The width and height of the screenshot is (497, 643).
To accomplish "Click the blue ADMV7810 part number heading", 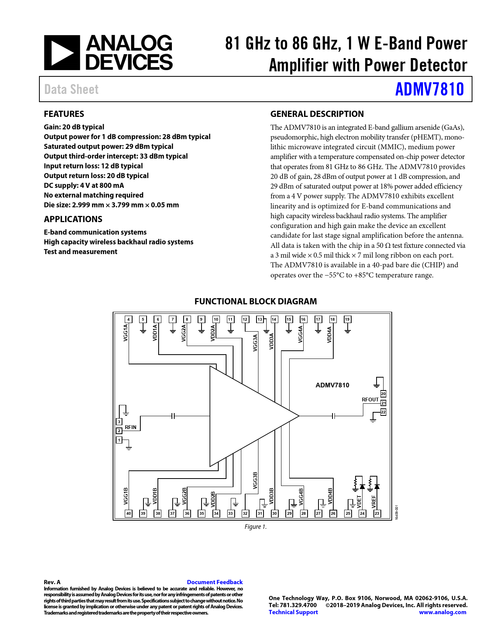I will [x=429, y=89].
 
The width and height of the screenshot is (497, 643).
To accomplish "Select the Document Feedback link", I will [x=215, y=582].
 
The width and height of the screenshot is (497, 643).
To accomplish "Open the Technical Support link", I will [x=293, y=612].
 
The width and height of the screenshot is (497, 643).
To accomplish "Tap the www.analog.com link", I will [x=442, y=612].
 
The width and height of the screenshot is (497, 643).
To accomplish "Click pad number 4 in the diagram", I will [x=129, y=319].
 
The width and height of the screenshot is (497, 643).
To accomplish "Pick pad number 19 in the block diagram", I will [x=347, y=319].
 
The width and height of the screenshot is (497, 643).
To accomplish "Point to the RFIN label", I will [x=131, y=427].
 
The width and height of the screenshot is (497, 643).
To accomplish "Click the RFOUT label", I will [x=370, y=399].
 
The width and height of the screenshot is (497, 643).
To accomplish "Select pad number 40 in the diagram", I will [x=129, y=513].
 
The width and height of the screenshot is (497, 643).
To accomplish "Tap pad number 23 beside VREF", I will [x=377, y=513].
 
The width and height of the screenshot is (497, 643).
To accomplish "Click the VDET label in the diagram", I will [x=359, y=502].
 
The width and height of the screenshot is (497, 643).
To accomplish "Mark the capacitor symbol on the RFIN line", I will [x=173, y=416].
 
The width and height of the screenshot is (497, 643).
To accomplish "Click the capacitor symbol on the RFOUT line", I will [x=333, y=416].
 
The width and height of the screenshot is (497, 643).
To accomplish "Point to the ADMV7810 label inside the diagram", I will [x=332, y=385].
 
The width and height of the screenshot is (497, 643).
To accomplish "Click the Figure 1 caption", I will [x=256, y=526].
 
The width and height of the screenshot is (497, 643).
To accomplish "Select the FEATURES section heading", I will [x=64, y=114].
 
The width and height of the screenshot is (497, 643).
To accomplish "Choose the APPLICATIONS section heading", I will [x=73, y=219].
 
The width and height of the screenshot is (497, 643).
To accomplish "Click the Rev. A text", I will [x=52, y=582].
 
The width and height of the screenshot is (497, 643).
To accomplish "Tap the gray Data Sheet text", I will [x=71, y=89].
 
